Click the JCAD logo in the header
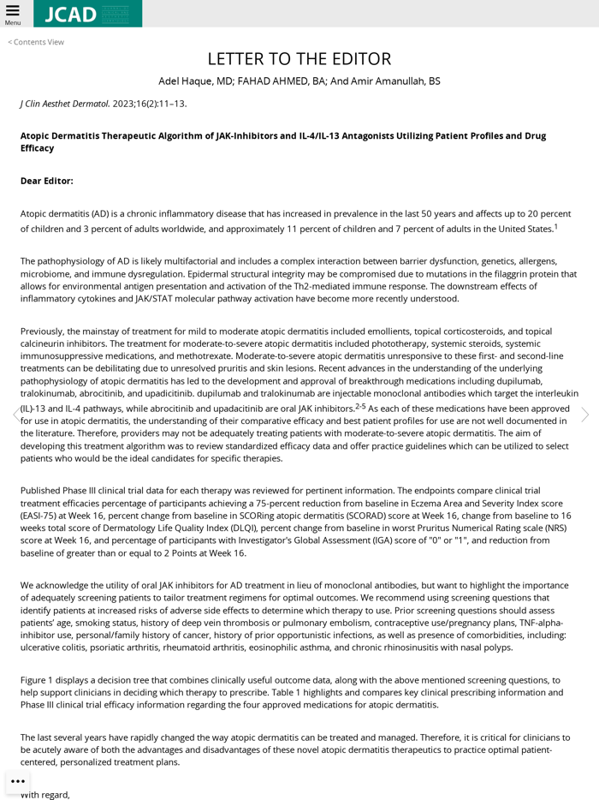pos(87,14)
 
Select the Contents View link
pos(36,42)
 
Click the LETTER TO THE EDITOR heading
pos(299,59)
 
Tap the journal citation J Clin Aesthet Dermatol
pos(65,104)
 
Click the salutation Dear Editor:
pos(47,181)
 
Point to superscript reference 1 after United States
pos(555,227)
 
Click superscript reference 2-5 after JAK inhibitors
pos(360,406)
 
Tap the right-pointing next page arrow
pos(584,415)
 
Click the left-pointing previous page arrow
pos(15,415)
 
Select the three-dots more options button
pos(18,781)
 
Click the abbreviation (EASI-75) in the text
pos(43,516)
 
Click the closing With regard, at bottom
pos(45,795)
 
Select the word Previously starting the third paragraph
pos(47,331)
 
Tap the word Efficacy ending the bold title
pos(37,148)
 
